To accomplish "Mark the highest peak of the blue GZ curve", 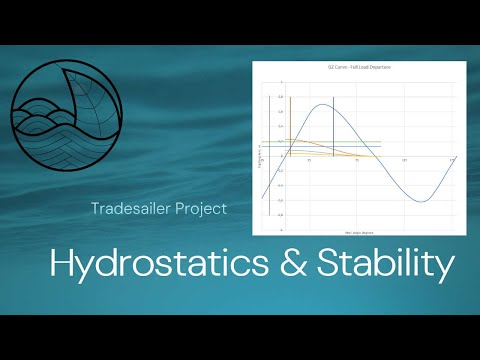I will pyautogui.click(x=323, y=104).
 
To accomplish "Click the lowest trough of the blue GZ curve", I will pyautogui.click(x=422, y=202).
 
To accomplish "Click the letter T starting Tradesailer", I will pyautogui.click(x=93, y=209).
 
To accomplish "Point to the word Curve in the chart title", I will pyautogui.click(x=341, y=67).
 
